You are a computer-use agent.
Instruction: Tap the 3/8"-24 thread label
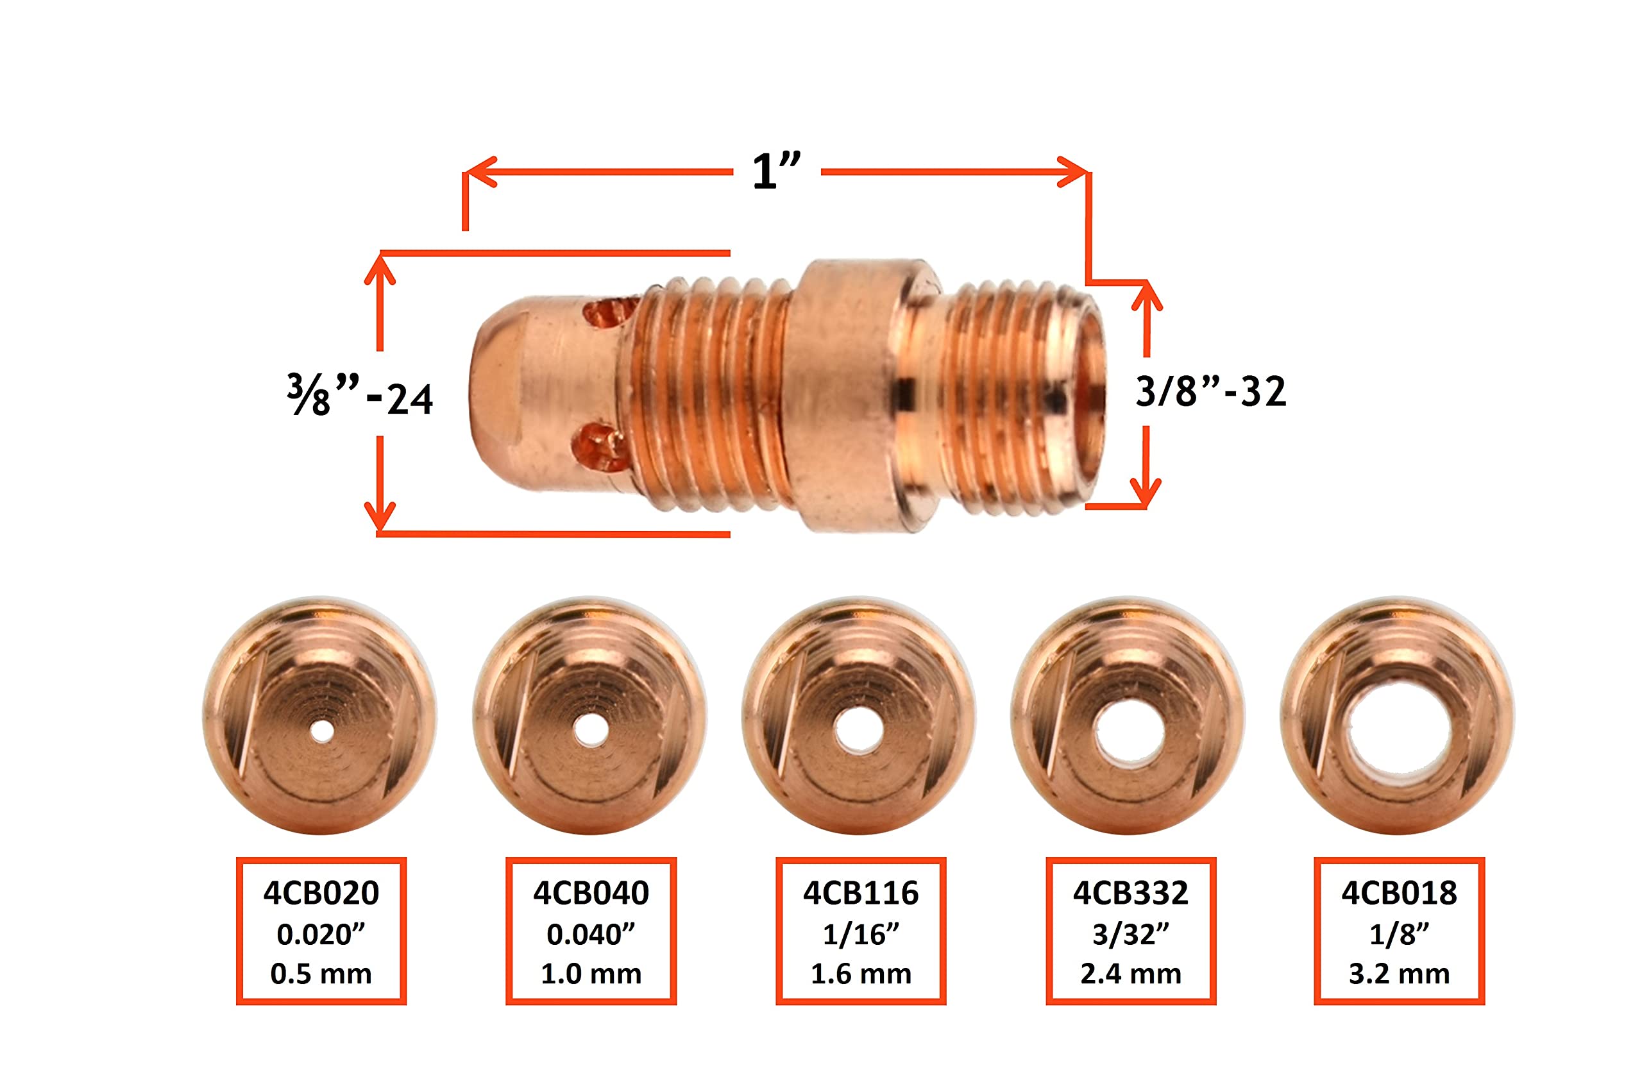click(360, 395)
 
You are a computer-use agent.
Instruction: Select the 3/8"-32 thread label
click(1211, 391)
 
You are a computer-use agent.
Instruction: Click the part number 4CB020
click(321, 893)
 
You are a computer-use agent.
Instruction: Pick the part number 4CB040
click(591, 893)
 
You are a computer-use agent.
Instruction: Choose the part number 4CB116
click(860, 893)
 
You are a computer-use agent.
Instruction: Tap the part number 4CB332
click(1130, 893)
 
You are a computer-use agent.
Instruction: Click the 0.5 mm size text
click(321, 974)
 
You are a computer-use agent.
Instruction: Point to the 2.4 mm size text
click(1130, 974)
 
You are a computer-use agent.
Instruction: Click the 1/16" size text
click(860, 934)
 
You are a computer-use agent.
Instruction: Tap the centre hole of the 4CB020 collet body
click(321, 731)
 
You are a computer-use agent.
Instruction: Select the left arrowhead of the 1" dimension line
click(480, 172)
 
